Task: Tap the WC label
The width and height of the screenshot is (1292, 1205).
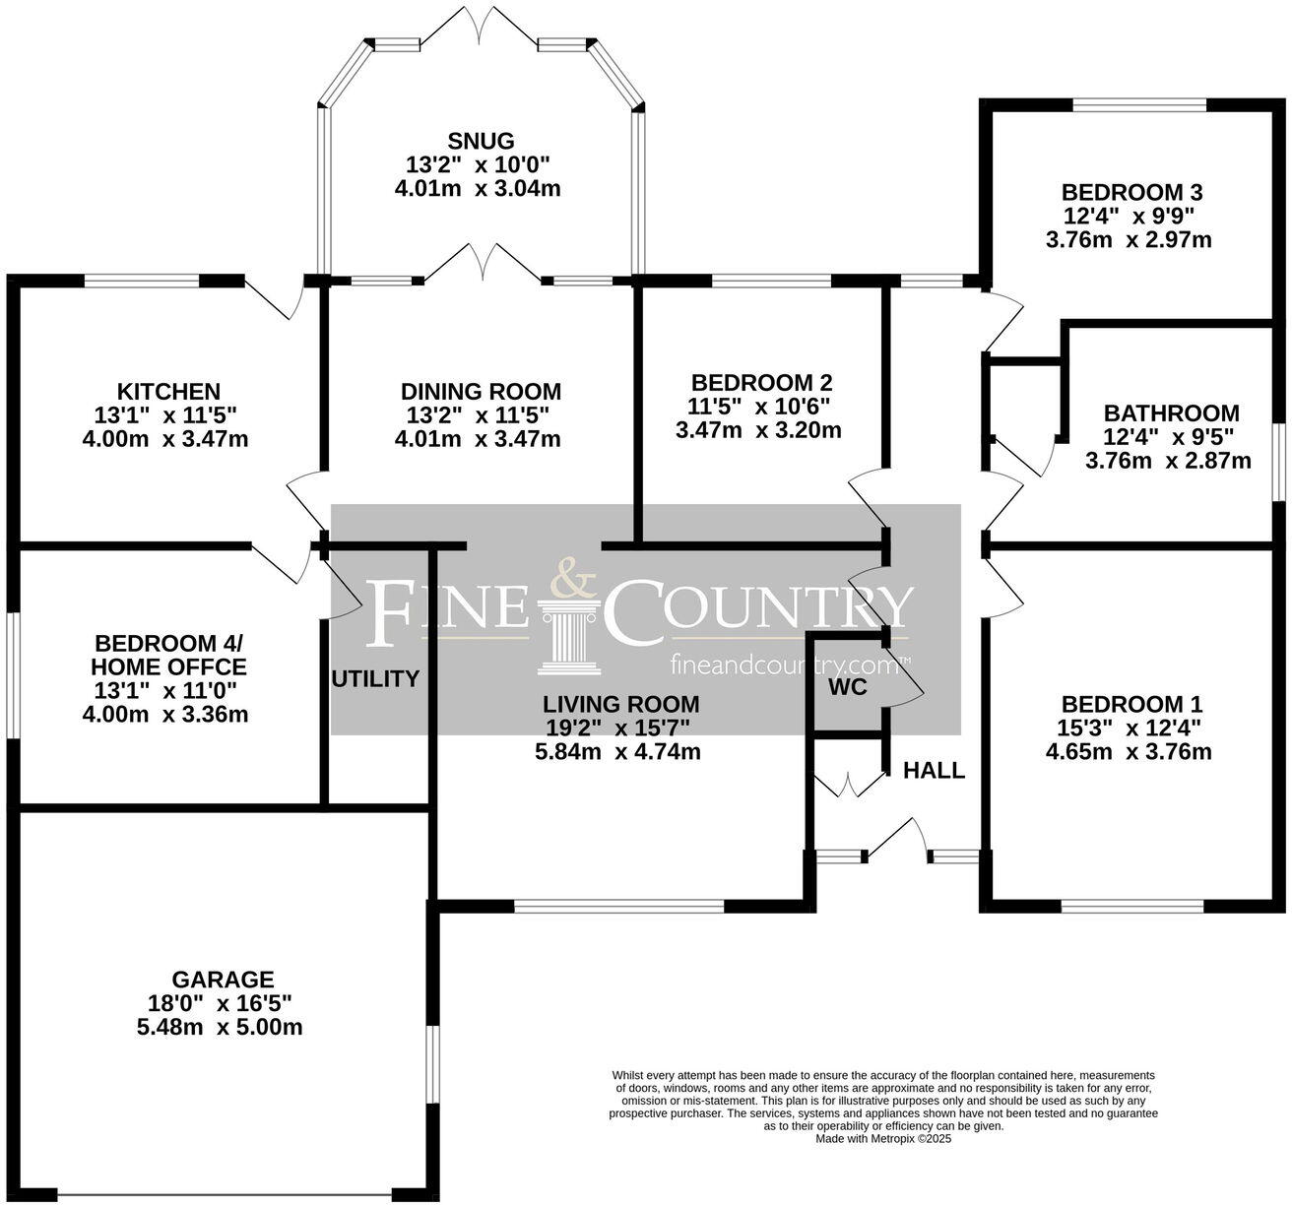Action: [x=847, y=687]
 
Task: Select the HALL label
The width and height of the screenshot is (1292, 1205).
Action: [x=934, y=771]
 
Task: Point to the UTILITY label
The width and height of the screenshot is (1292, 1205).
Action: [x=375, y=678]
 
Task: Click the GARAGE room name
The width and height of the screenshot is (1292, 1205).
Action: [x=223, y=980]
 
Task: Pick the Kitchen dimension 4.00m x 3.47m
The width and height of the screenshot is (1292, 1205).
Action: [x=165, y=439]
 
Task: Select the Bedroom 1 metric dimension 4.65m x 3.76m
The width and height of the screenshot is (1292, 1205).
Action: [x=1129, y=752]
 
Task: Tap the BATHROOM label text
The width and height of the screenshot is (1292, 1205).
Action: [x=1171, y=413]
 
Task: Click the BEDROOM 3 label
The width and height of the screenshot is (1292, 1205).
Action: [x=1132, y=192]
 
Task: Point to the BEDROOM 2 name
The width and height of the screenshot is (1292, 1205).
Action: [x=762, y=382]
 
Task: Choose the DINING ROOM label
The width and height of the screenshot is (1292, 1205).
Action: [x=481, y=392]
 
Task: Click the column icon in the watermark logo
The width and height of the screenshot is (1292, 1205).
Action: [x=569, y=640]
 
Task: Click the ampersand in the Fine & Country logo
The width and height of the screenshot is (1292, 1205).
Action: [x=572, y=578]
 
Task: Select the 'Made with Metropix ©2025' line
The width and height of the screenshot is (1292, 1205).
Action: [x=883, y=1138]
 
